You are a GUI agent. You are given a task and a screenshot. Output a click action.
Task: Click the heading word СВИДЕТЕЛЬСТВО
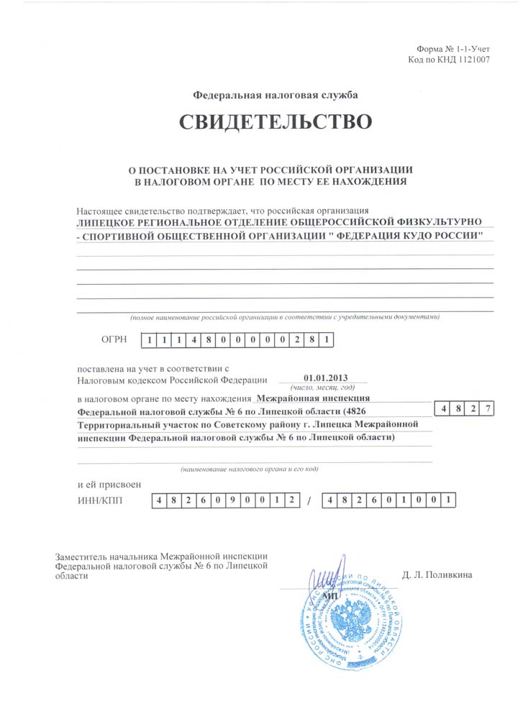(x=276, y=122)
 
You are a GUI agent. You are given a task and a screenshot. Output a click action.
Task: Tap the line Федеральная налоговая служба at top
(x=274, y=94)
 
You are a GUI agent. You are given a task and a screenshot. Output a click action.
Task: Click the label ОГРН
(x=115, y=339)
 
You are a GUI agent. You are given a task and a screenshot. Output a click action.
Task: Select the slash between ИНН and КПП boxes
(x=308, y=501)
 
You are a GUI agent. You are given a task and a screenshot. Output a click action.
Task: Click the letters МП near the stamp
(x=332, y=596)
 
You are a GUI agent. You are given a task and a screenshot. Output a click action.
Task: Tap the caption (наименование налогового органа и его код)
(x=250, y=468)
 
